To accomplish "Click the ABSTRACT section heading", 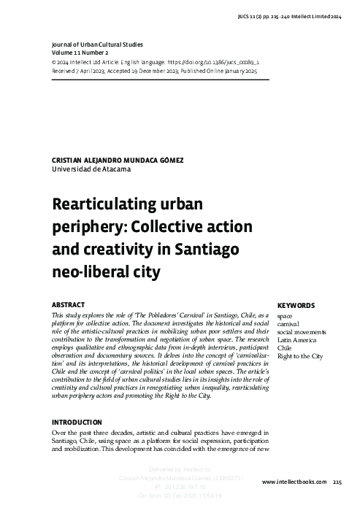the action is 68,304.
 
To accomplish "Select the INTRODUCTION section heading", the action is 77,423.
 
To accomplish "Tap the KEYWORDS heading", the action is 296,306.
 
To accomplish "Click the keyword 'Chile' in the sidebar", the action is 284,348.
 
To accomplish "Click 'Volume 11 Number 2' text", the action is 80,53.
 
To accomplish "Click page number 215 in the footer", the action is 337,482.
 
